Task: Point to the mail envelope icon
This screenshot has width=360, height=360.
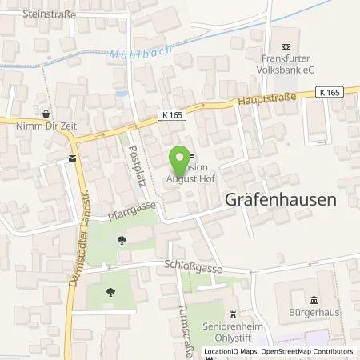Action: (x=73, y=158)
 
